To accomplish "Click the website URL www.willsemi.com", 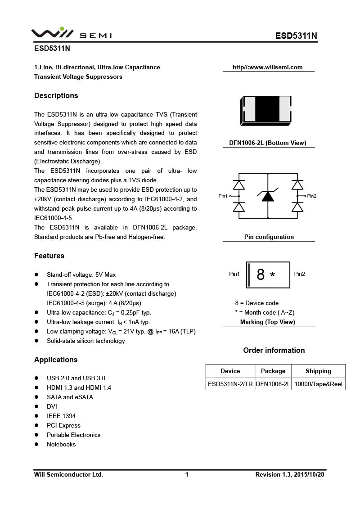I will click(x=267, y=68).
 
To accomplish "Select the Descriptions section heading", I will click(x=56, y=95).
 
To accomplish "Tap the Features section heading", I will click(x=49, y=256).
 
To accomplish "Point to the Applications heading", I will click(x=56, y=360).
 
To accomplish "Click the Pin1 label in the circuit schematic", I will click(x=223, y=196).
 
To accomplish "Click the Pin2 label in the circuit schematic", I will click(x=312, y=196).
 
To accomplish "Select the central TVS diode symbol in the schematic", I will click(x=268, y=196).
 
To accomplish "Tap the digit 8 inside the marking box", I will click(x=260, y=275).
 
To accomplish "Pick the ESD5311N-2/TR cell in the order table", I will click(x=230, y=384).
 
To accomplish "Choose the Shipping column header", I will click(x=318, y=371).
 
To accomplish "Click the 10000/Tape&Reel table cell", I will click(x=318, y=384).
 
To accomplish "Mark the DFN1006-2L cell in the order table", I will click(x=273, y=384).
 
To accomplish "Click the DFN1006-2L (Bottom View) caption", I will click(x=267, y=143).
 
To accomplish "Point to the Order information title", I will click(x=274, y=350).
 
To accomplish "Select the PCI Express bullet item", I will click(x=63, y=425).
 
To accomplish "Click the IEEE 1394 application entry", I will click(x=61, y=416).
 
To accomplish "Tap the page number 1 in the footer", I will click(x=187, y=474).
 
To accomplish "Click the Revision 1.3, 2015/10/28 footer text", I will click(x=289, y=474).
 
